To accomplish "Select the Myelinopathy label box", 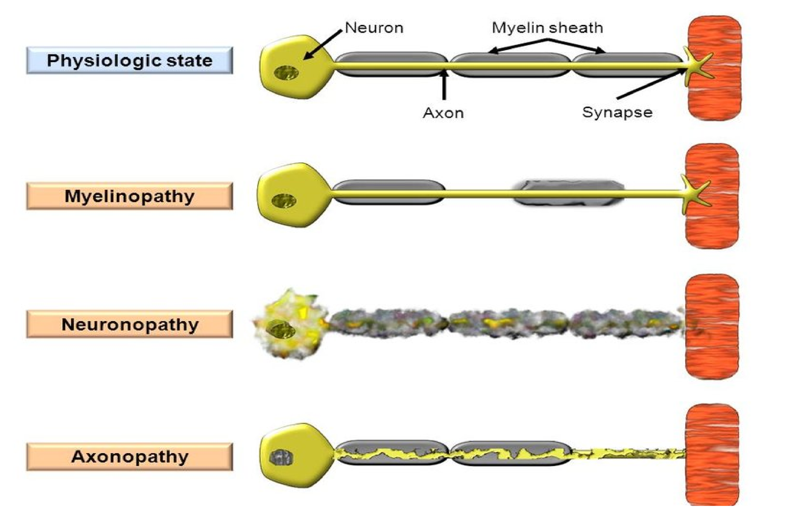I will [x=129, y=196].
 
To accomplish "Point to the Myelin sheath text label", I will [x=547, y=28].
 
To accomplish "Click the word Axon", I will [x=443, y=113].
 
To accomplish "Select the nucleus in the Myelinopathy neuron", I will [x=284, y=201].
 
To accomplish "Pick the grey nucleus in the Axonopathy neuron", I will [x=281, y=458].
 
